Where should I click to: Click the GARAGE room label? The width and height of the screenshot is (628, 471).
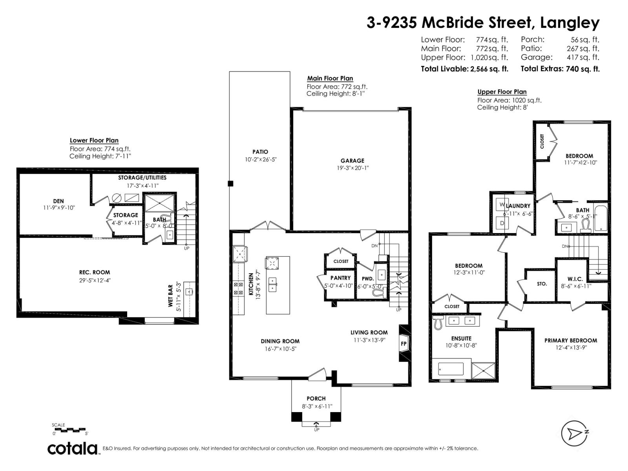click(352, 161)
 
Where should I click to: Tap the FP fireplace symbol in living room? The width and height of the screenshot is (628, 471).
click(403, 343)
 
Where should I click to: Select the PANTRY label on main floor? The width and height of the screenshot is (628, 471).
click(340, 278)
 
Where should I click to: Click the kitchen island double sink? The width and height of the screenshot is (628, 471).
click(272, 284)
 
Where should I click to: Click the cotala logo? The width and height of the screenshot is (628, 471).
click(73, 448)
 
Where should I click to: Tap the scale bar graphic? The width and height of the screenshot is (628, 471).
click(69, 430)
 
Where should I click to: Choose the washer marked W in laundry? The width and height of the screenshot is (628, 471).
click(502, 205)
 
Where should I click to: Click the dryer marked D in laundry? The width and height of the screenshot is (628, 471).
click(502, 223)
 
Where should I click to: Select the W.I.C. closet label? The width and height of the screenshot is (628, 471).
click(575, 279)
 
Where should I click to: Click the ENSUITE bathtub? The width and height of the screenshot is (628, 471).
click(451, 369)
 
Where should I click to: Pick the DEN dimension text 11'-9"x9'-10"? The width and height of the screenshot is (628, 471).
click(58, 208)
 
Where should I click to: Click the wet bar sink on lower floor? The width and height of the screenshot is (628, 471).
click(189, 291)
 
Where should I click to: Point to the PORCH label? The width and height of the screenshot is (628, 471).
click(316, 398)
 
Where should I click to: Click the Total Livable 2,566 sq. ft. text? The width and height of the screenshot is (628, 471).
click(464, 69)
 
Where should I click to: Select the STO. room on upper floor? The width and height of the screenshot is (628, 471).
click(542, 284)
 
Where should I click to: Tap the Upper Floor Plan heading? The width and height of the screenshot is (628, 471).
click(502, 92)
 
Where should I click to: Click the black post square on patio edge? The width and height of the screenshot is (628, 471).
click(231, 183)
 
